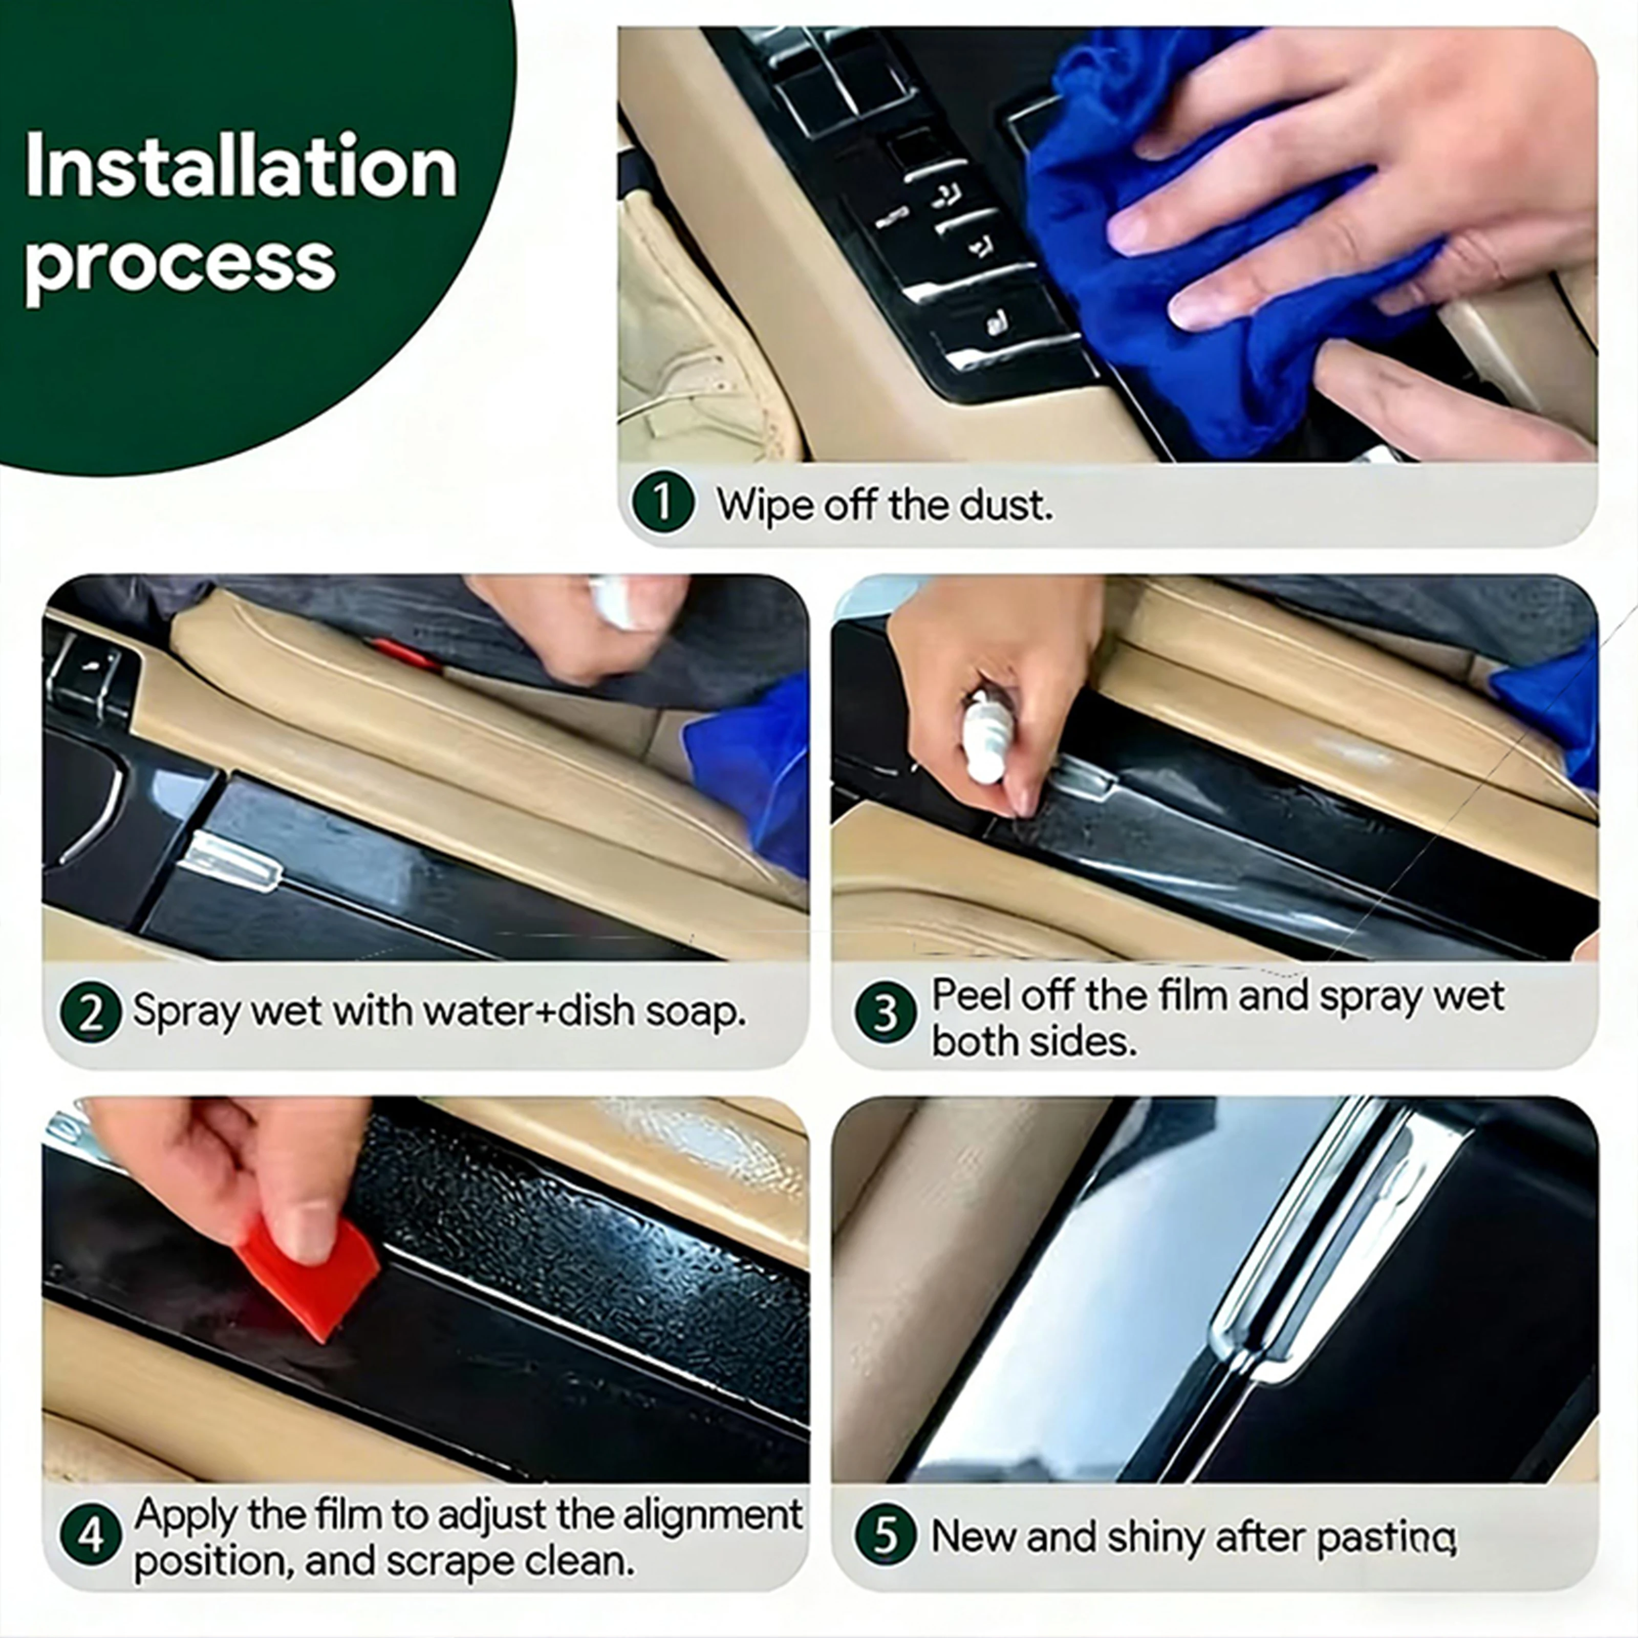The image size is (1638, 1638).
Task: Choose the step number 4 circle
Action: coord(91,1536)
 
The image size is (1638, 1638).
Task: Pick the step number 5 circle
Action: coord(885,1536)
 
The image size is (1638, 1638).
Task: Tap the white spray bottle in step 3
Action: coord(988,734)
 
